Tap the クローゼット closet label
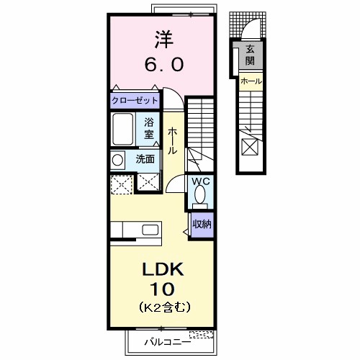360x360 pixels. point(135,100)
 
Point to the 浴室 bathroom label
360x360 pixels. point(149,127)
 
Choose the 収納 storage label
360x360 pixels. point(201,224)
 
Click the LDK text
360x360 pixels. point(163,270)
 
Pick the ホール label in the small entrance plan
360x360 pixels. point(251,81)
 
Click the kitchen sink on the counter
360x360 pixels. point(150,230)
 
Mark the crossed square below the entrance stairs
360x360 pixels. point(250,147)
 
